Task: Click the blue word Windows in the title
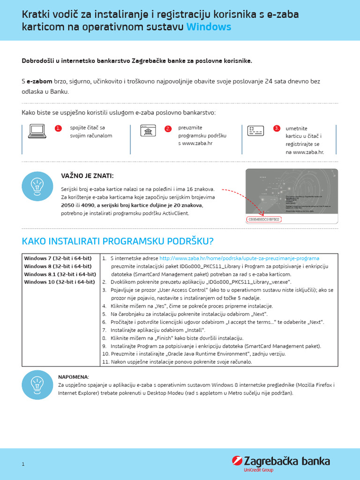point(209,27)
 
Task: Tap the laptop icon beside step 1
point(37,131)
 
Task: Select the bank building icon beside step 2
point(148,130)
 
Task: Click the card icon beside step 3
point(255,130)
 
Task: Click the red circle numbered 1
point(58,128)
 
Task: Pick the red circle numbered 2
point(168,128)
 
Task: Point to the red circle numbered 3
point(277,128)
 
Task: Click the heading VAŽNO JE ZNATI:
point(87,176)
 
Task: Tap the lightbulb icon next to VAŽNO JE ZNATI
point(37,186)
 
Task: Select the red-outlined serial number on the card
point(263,219)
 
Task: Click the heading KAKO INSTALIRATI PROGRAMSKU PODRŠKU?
point(118,241)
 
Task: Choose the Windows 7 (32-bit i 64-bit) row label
point(58,258)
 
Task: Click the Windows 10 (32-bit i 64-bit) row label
point(60,282)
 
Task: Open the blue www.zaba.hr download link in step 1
point(239,258)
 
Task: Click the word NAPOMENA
point(73,377)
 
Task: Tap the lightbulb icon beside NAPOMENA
point(37,384)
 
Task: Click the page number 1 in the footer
point(22,464)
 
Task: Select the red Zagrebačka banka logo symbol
point(237,461)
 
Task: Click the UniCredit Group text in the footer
point(258,470)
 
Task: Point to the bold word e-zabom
point(39,82)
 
